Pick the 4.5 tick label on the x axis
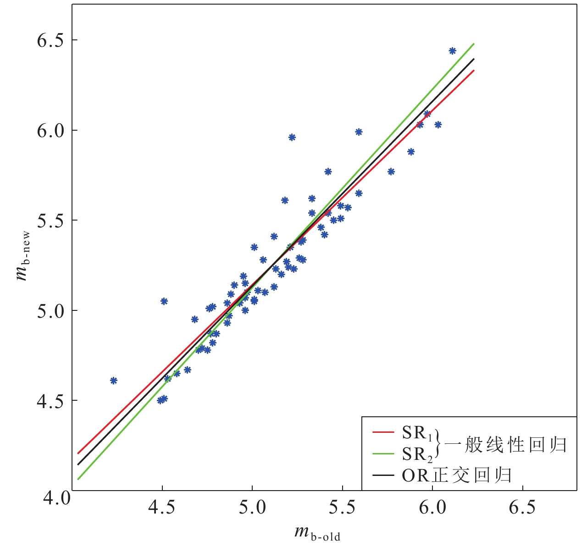(162, 508)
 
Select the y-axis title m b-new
(22, 257)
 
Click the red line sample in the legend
(383, 432)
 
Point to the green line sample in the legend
(383, 454)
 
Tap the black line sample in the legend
(383, 475)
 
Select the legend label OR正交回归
(457, 475)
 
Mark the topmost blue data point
(452, 51)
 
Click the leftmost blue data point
(114, 381)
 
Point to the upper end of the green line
(473, 44)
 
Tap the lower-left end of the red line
(78, 453)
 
